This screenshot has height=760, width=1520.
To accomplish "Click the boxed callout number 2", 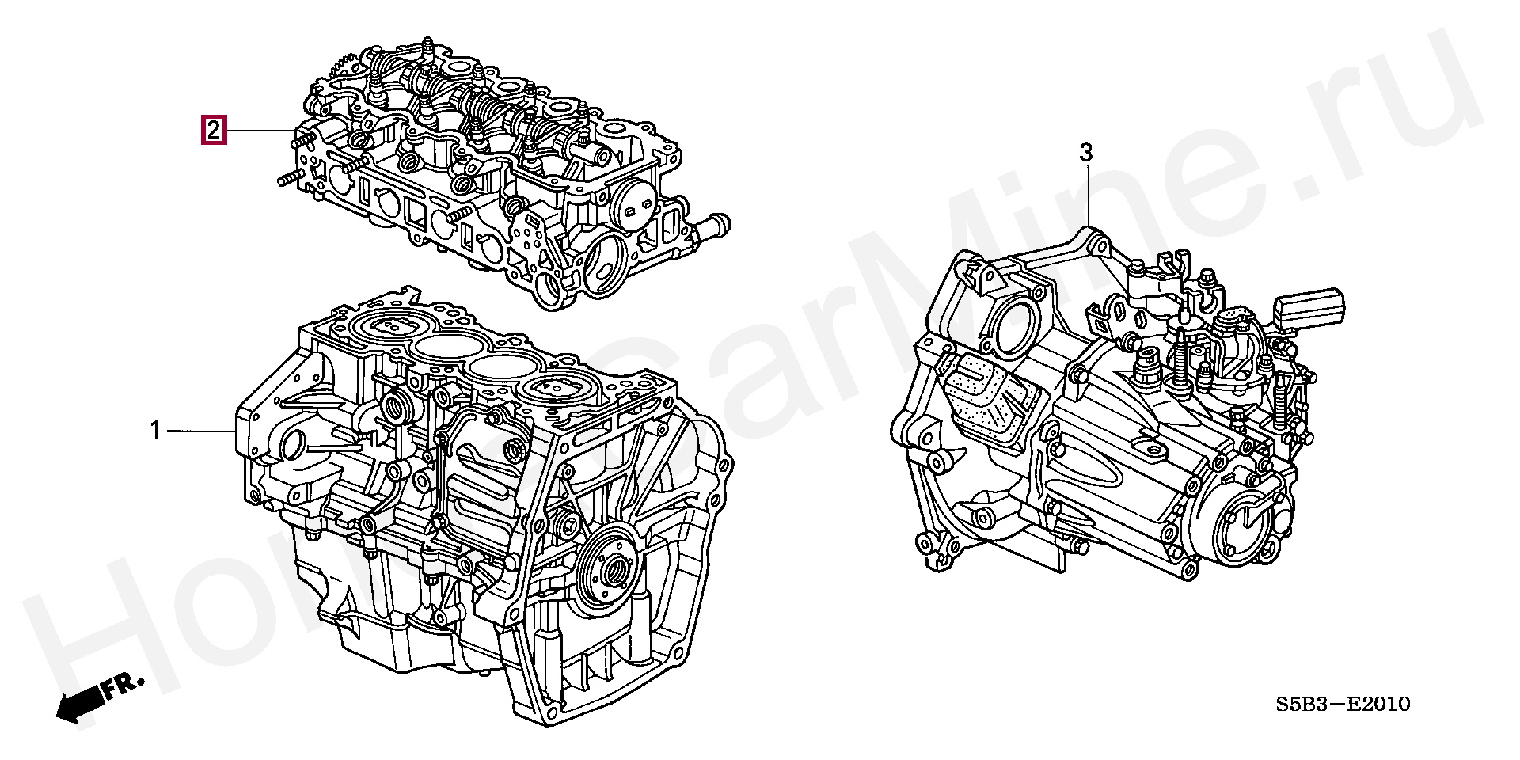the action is coord(214,130).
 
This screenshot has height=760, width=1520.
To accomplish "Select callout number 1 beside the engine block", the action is coord(156,431).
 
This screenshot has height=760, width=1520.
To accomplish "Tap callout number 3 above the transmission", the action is coord(1086,152).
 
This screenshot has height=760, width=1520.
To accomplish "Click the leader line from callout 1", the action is coord(201,431).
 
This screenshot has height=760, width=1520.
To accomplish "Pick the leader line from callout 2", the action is coord(261,130).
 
